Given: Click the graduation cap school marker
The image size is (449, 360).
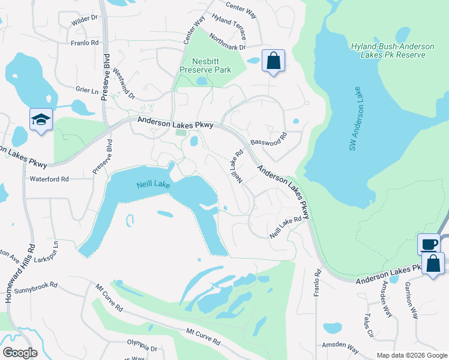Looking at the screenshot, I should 41,119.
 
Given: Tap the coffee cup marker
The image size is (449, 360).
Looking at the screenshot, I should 429,244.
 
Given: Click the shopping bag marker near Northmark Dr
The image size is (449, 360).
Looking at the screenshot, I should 273,61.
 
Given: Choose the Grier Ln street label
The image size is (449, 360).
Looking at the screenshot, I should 86,91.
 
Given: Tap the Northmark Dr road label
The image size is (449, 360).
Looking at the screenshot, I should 228,41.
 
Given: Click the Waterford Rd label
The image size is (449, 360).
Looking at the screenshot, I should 49,179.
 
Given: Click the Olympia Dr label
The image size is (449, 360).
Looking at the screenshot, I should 142,347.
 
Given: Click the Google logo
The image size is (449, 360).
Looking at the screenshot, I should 20,352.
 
